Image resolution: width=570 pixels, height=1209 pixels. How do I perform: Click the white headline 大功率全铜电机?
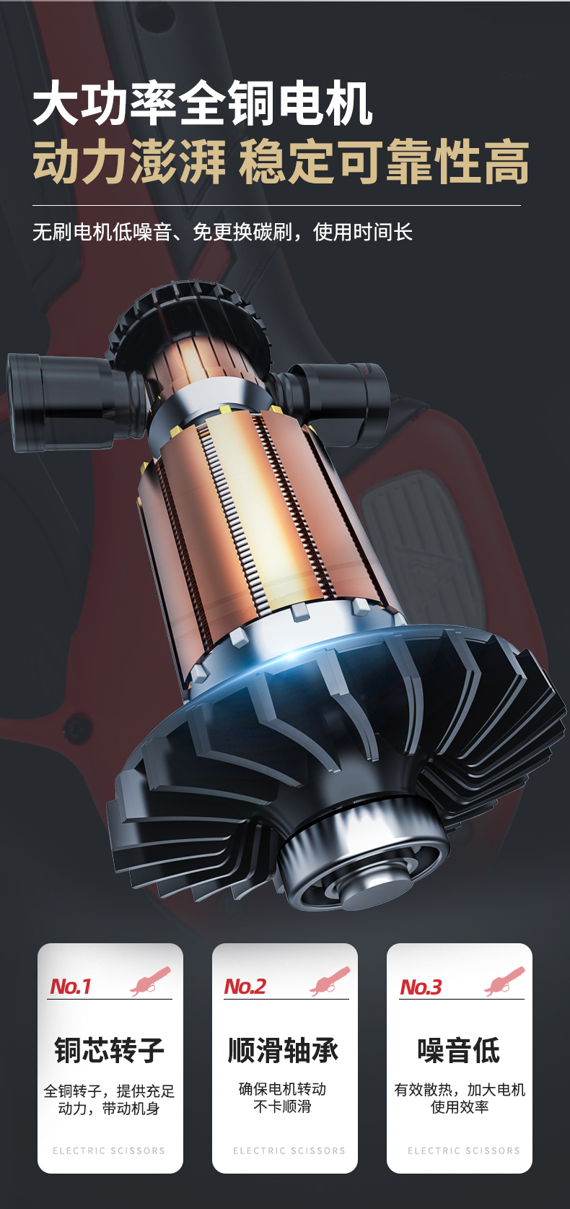coord(202,103)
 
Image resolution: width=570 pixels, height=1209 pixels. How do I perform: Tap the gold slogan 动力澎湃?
coord(129,161)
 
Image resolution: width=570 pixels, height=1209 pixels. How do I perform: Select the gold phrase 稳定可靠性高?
coord(383,161)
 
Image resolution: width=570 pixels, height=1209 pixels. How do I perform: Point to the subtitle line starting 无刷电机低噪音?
coord(222,232)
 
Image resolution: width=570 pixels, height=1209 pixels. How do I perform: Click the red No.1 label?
coord(70,987)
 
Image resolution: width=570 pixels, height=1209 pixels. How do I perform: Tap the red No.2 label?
coord(245,987)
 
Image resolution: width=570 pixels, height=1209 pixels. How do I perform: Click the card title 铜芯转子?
coord(110,1050)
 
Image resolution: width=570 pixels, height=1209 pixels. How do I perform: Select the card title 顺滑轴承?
coord(283,1050)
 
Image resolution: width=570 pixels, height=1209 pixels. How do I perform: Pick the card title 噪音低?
coord(458,1050)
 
